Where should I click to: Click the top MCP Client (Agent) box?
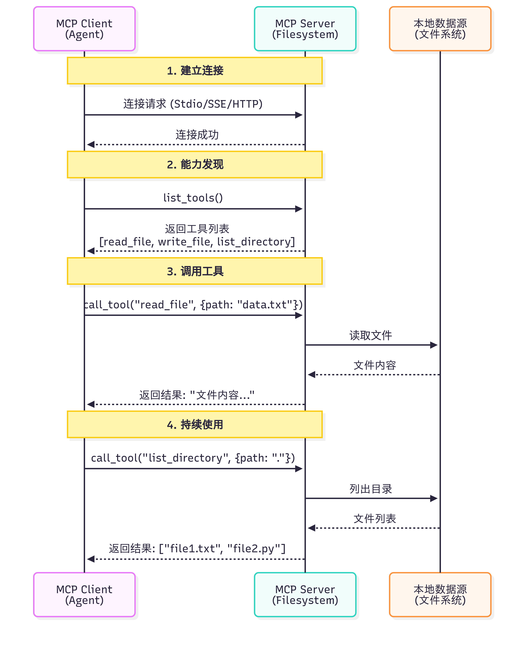pyautogui.click(x=84, y=29)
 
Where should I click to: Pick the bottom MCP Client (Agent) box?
pyautogui.click(x=84, y=595)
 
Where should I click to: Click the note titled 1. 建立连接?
pyautogui.click(x=195, y=71)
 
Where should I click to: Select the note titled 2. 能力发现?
pyautogui.click(x=195, y=165)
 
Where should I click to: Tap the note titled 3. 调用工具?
pyautogui.click(x=195, y=271)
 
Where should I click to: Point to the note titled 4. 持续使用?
pyautogui.click(x=195, y=424)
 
